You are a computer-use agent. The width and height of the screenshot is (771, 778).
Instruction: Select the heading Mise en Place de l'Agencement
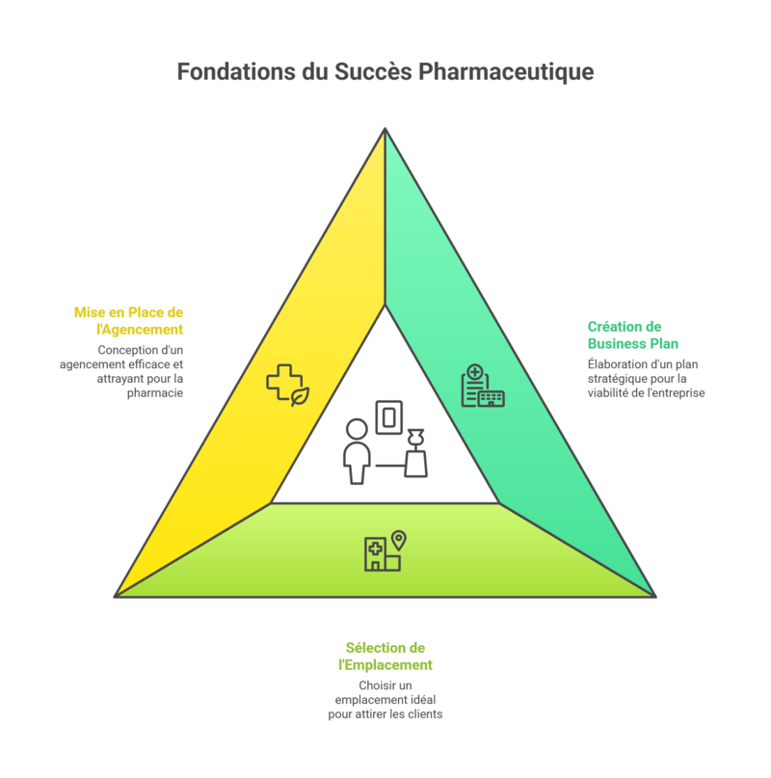tap(128, 321)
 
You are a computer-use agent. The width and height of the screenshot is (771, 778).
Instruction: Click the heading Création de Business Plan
tap(633, 335)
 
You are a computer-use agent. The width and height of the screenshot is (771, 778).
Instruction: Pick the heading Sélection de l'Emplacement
tap(385, 657)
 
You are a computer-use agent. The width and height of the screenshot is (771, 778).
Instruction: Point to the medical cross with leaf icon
tap(287, 385)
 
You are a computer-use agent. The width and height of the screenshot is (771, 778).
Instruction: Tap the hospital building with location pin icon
tap(384, 551)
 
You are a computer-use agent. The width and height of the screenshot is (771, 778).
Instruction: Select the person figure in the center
tap(357, 451)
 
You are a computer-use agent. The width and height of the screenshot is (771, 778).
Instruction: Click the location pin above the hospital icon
tap(398, 540)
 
